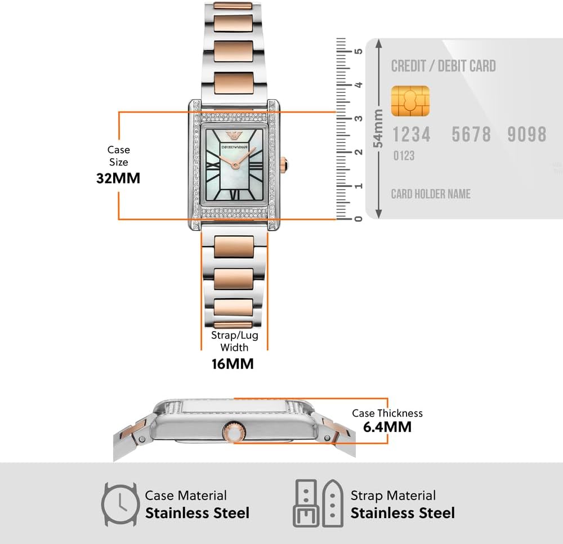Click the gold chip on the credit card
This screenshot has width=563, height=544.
410,101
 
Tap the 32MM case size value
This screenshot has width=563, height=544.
118,178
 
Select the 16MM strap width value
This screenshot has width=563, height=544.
233,364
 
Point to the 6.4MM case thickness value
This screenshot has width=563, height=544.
387,427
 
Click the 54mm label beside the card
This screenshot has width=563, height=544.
378,128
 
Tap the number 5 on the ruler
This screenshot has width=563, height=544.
358,51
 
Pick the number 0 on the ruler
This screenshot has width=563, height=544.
358,219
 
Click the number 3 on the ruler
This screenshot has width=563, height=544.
358,118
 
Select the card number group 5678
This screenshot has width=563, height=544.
471,134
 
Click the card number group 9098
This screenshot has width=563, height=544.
527,134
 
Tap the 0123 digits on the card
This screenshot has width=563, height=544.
404,156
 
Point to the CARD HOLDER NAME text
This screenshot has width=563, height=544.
431,194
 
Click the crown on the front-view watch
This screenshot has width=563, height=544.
284,165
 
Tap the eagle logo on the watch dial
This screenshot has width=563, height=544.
234,136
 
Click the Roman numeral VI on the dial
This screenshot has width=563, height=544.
234,195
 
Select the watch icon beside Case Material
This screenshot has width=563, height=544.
120,505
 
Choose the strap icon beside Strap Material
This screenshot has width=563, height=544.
318,503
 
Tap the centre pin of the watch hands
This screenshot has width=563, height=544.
235,165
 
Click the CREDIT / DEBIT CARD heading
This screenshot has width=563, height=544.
444,66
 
